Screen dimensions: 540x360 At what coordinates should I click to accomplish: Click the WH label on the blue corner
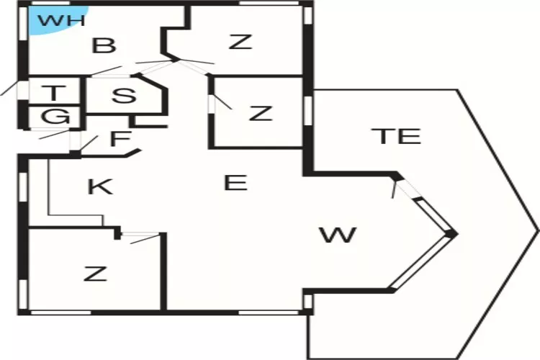(61, 20)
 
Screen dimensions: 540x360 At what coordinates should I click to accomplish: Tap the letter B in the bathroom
(104, 46)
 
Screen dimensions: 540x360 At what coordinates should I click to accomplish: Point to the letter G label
(55, 116)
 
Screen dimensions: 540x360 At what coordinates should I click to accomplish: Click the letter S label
(124, 96)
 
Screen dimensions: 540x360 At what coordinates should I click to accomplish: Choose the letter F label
(120, 138)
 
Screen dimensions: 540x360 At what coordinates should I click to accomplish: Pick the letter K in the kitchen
(100, 187)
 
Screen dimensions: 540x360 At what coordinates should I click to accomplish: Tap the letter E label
(235, 183)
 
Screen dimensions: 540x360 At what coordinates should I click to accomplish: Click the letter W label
(338, 235)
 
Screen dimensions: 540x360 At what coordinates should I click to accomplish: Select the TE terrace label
(398, 136)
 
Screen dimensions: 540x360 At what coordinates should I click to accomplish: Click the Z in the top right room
(240, 42)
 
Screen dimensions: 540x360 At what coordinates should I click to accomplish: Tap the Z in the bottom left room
(95, 274)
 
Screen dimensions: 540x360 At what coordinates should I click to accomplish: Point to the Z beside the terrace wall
(261, 113)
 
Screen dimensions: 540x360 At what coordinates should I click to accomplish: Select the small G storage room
(55, 117)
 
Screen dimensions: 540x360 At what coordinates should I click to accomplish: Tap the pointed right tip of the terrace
(538, 230)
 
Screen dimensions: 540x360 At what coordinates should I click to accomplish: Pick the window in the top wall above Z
(269, 3)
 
